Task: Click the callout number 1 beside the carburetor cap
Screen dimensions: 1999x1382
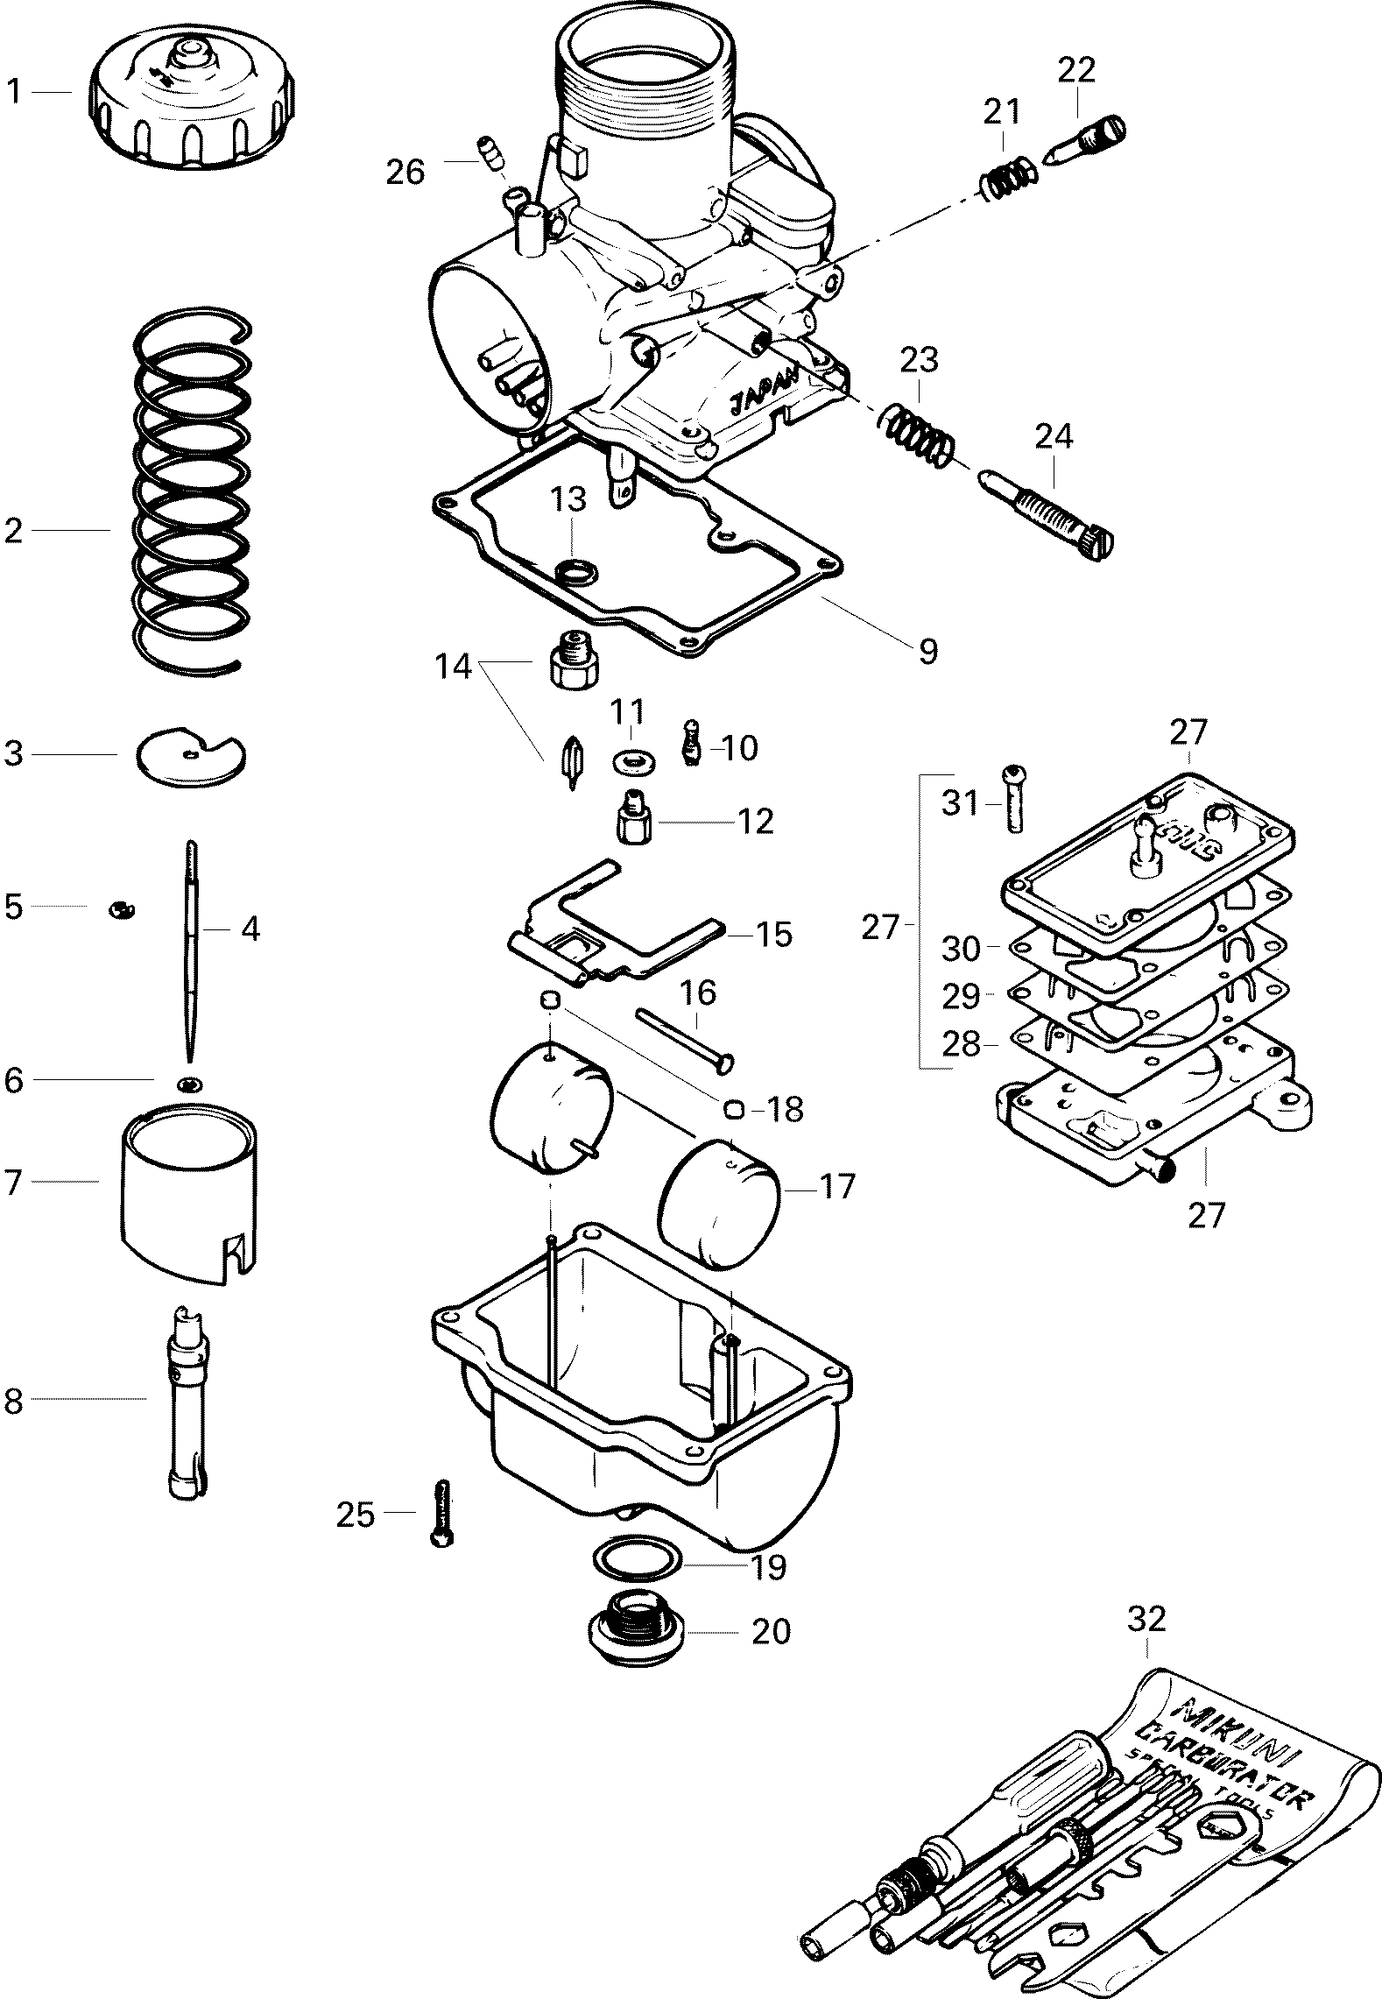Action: pos(14,92)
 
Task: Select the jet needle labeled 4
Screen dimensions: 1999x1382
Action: pos(192,946)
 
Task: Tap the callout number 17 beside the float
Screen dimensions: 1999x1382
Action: pos(836,1186)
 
